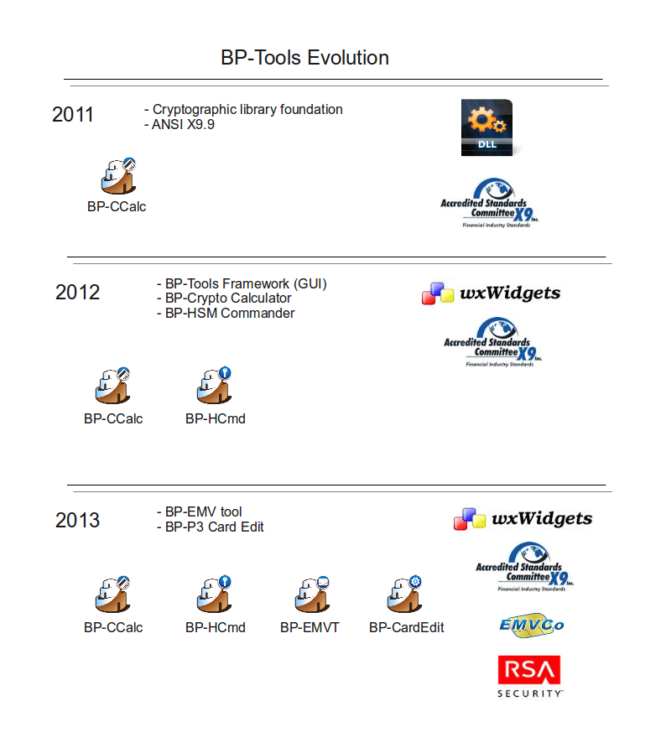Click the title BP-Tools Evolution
pos(304,58)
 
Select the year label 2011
pos(73,115)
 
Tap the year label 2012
pos(77,293)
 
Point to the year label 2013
pos(77,520)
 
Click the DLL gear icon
pos(486,127)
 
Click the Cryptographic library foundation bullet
pos(243,109)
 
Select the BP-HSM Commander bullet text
pos(226,313)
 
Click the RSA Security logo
pos(529,676)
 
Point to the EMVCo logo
pos(531,625)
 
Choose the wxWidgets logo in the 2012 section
pos(491,293)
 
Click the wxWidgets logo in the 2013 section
pos(523,519)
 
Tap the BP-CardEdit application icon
pos(405,594)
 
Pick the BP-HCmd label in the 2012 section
pos(215,418)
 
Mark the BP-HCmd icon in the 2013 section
pos(214,594)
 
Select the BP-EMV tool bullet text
pos(199,511)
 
